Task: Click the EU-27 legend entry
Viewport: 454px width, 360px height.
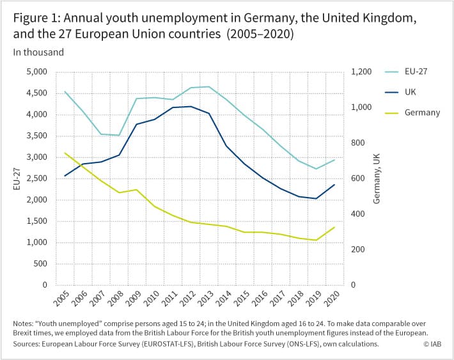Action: point(406,72)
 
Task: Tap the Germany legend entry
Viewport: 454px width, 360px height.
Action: point(412,113)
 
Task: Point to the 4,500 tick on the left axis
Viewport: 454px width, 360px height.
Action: point(37,93)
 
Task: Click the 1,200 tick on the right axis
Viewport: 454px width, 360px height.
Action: point(361,72)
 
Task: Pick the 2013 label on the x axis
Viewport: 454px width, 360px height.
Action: point(205,299)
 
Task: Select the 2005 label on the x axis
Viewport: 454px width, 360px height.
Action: point(61,299)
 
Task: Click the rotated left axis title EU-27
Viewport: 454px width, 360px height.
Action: point(17,179)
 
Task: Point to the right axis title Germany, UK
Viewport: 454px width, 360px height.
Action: point(377,178)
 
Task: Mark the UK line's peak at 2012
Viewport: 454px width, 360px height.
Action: point(191,107)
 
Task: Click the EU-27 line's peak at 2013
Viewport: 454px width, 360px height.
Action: point(208,86)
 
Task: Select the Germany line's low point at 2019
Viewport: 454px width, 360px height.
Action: point(317,240)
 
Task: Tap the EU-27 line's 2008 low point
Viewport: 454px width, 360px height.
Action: point(119,136)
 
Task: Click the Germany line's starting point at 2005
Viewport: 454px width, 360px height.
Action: point(65,153)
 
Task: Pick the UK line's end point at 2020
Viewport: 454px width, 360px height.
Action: point(334,185)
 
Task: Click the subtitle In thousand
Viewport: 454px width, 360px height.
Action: point(38,52)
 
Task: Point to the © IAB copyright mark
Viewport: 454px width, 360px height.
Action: point(432,344)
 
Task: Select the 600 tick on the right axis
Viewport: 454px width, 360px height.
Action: point(358,178)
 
